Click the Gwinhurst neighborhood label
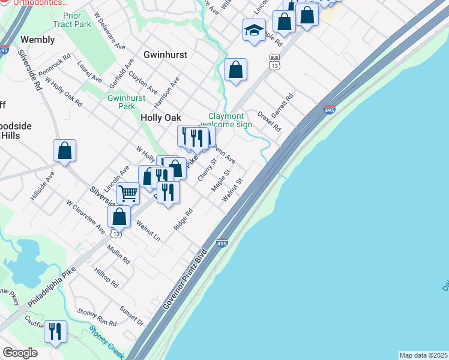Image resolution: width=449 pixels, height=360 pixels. [165, 55]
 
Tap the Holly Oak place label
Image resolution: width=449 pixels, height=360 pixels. [161, 118]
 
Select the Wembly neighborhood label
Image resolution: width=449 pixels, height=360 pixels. [37, 40]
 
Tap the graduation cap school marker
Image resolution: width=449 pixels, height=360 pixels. [254, 30]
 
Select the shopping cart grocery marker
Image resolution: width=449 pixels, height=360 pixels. [128, 193]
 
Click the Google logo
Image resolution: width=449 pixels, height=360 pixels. [20, 353]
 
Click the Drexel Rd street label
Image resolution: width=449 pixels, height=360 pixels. [268, 121]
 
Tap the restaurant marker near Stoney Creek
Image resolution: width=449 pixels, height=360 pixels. [55, 331]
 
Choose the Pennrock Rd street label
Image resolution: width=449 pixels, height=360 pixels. [55, 67]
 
